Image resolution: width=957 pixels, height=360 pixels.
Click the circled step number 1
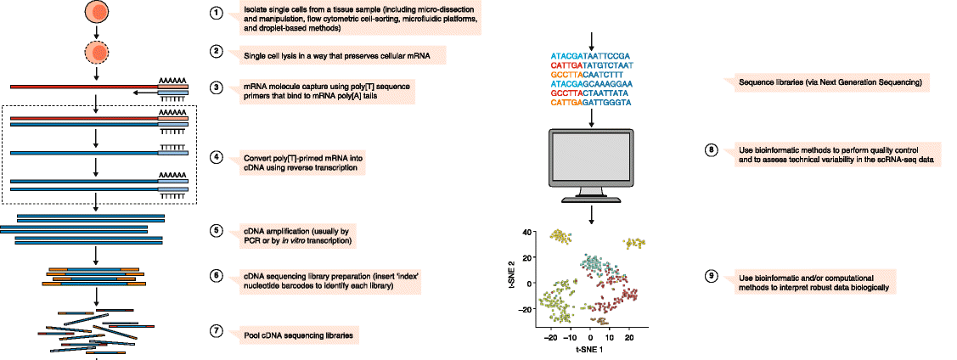[217, 14]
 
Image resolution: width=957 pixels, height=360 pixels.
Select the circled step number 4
[217, 157]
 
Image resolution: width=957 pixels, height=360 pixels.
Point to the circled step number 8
[712, 150]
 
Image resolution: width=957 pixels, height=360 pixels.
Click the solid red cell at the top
[98, 13]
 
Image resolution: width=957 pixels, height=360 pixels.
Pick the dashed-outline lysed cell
[98, 53]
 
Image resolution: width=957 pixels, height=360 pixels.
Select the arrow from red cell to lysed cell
[98, 33]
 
